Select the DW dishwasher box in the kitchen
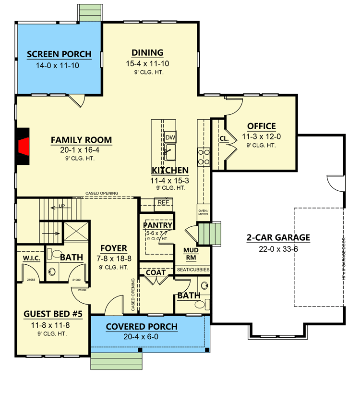click(170, 138)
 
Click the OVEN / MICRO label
click(204, 212)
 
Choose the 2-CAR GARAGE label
click(278, 237)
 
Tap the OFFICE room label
click(261, 126)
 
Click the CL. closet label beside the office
click(224, 139)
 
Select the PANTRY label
click(157, 225)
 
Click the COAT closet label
click(156, 272)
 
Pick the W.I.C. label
click(30, 259)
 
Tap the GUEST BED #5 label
click(53, 314)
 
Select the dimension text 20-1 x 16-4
click(81, 150)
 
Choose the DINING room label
click(147, 53)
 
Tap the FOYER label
click(114, 248)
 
